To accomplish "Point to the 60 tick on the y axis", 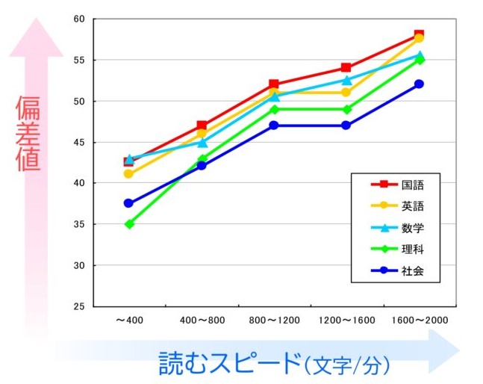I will (x=81, y=19).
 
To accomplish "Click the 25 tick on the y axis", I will (x=81, y=306).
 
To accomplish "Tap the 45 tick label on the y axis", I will (x=81, y=142).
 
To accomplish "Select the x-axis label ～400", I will (x=128, y=320).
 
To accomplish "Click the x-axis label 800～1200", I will (x=275, y=320).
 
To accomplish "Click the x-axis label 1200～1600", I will (x=347, y=320).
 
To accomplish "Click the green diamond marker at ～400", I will (x=128, y=224).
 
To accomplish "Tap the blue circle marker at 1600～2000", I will (x=419, y=84).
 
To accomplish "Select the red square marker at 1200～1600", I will (x=346, y=68).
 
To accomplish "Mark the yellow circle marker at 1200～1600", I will (x=346, y=93).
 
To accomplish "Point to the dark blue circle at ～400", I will (x=128, y=203).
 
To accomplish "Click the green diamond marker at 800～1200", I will (x=274, y=109).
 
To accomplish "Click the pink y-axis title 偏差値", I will (x=28, y=134).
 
